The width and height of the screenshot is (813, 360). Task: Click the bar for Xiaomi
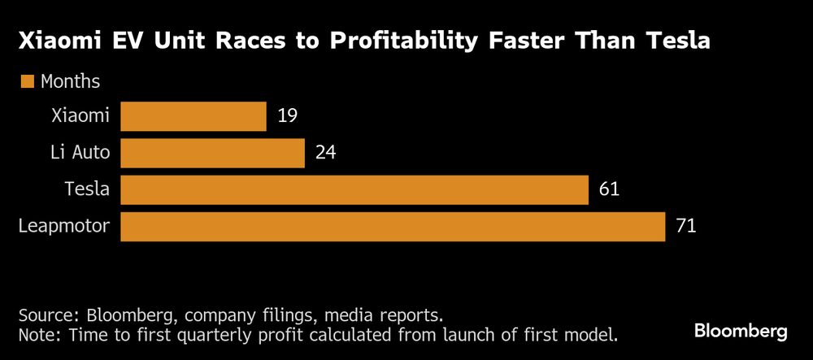193,116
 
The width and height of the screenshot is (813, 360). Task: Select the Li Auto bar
212,153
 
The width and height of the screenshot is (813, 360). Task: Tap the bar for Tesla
354,190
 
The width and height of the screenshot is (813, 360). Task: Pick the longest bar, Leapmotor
393,227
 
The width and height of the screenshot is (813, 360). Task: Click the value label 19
287,116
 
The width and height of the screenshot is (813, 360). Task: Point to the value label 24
325,153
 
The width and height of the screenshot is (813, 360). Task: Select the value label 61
609,190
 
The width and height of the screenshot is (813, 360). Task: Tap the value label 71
686,227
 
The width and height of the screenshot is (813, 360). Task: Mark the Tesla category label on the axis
87,190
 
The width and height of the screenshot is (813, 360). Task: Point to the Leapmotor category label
63,227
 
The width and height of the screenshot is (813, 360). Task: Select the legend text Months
70,81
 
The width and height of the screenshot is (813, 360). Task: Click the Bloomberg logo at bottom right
740,331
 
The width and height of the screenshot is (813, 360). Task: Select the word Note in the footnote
37,334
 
